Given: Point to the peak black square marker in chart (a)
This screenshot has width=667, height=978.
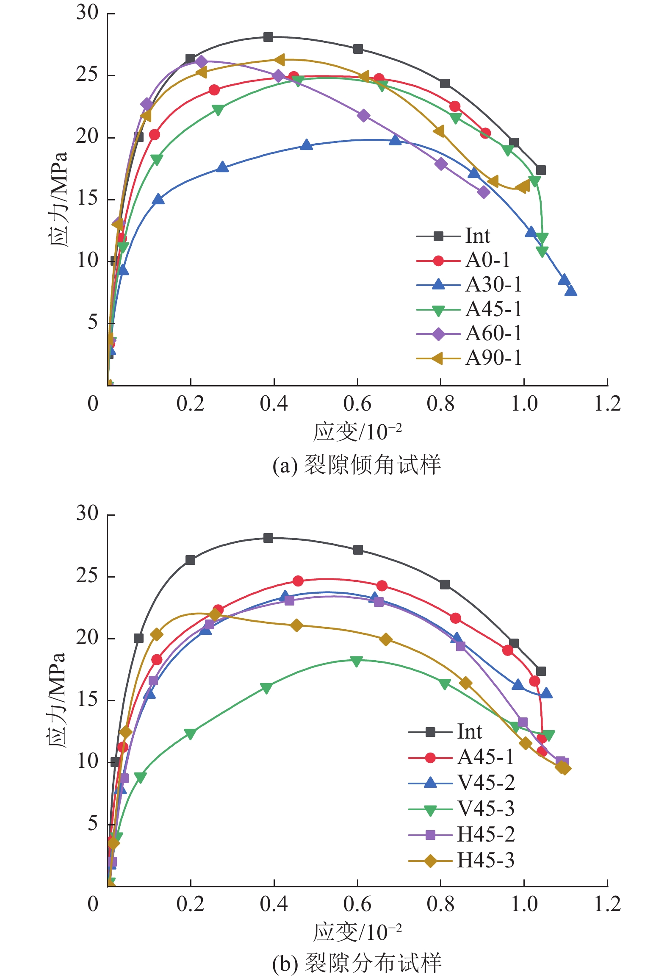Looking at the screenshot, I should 268,37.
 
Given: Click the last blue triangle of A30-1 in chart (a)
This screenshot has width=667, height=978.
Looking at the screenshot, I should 571,291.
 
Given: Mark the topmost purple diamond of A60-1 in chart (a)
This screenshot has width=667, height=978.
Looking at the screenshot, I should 202,62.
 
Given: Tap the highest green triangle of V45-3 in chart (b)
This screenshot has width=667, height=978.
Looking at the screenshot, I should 356,661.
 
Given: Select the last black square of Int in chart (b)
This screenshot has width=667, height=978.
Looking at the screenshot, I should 541,671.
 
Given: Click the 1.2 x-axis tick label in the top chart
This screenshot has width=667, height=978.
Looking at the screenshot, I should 607,404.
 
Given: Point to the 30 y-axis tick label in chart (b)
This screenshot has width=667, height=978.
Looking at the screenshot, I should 87,513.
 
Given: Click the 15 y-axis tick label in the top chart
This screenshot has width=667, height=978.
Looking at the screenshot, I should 87,198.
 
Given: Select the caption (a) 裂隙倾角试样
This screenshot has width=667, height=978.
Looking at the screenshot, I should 357,465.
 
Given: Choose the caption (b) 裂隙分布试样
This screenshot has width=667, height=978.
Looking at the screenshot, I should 357,963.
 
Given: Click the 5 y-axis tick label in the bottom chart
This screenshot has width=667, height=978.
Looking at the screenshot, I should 93,823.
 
